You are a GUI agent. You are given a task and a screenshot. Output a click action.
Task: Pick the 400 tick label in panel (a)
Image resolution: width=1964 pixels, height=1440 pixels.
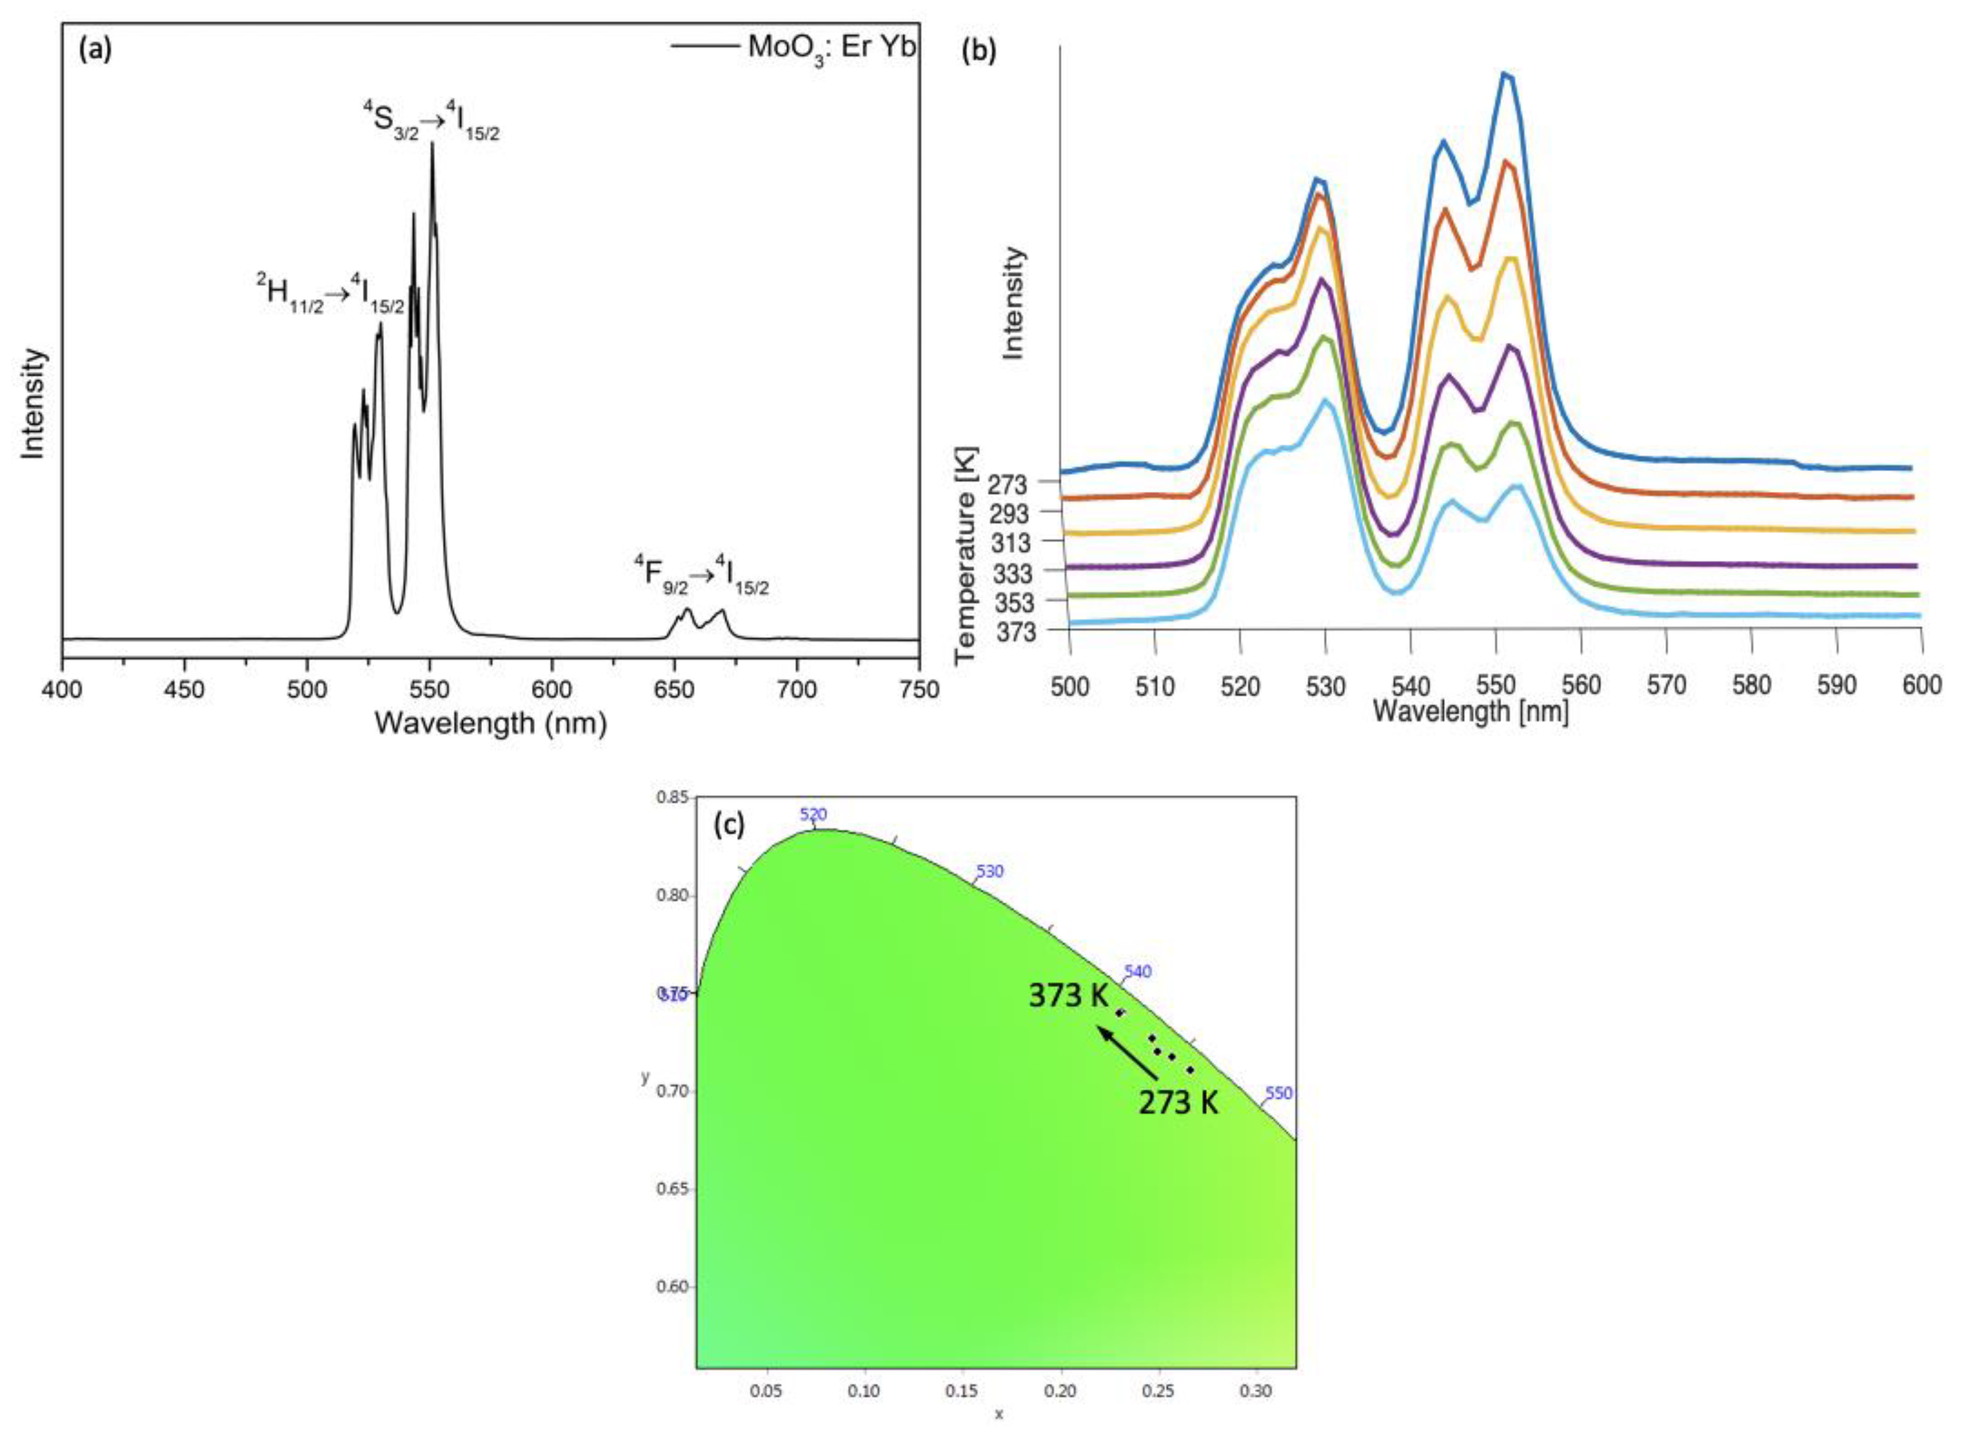tap(62, 689)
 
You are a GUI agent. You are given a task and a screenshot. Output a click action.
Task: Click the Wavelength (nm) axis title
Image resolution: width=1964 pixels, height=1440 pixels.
tap(490, 723)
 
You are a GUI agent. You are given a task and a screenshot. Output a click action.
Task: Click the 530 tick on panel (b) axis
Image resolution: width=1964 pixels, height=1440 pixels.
tap(1325, 686)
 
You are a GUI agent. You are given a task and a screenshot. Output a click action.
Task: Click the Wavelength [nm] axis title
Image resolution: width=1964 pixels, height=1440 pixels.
tap(1471, 712)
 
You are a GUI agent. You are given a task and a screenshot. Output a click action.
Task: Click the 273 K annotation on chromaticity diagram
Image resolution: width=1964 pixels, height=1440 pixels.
tap(1178, 1102)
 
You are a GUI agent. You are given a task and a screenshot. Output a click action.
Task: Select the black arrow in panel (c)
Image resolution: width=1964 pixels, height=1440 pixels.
tap(1127, 1053)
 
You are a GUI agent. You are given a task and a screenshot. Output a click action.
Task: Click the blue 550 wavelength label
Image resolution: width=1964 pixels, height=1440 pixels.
tap(1278, 1093)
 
